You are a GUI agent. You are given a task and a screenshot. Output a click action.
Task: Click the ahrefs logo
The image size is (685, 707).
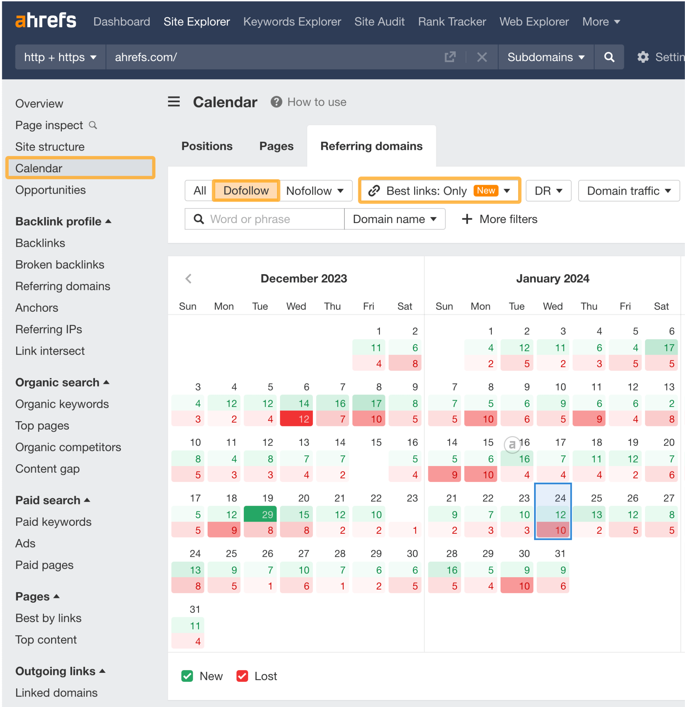coord(46,21)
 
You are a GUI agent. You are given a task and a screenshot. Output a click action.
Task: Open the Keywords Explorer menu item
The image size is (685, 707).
coord(292,22)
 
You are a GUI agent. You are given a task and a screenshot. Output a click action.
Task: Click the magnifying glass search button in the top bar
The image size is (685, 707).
coord(609,57)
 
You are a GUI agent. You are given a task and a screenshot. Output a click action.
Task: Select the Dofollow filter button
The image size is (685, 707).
coord(246,191)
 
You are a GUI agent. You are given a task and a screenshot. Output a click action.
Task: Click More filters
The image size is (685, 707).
coord(500,219)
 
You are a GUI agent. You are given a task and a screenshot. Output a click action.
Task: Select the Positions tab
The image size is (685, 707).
coord(207,146)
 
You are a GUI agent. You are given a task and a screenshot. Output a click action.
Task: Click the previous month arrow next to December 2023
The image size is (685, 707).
coord(188,279)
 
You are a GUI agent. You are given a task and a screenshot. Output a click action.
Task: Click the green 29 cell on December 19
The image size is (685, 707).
coord(260,514)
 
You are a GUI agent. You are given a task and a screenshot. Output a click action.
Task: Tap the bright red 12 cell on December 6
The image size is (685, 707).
coord(296,419)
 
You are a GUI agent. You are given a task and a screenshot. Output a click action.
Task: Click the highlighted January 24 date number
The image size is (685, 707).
coord(560,498)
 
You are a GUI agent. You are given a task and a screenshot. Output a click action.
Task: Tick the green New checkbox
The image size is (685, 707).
coord(187,676)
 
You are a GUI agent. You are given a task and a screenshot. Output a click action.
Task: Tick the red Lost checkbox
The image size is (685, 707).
coord(242,676)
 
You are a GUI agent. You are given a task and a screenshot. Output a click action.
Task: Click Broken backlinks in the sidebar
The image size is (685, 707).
coord(59,264)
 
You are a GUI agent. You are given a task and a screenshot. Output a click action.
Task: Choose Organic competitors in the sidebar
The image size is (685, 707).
coord(68,447)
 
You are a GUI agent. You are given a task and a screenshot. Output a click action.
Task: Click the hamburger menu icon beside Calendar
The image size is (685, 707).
coord(174,102)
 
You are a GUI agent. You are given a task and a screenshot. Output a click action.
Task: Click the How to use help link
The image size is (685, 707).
coord(316,102)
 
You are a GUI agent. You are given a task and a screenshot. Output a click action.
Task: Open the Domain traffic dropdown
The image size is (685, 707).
coord(629,191)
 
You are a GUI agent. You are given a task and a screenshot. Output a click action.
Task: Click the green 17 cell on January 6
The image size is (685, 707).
coord(661,348)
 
